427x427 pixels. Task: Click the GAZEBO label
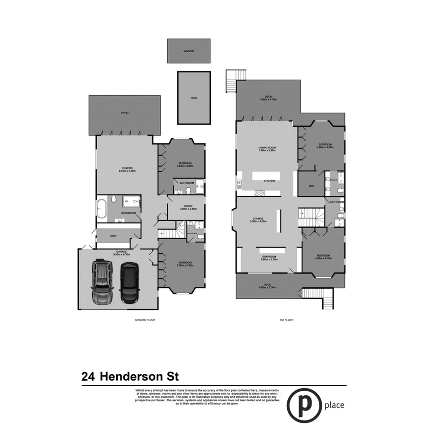(189, 51)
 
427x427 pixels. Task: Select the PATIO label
(125, 113)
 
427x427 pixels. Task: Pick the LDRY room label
(113, 236)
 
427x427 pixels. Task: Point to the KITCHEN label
(269, 181)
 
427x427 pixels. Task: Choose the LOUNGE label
(257, 219)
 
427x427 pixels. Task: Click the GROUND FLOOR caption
(145, 320)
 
